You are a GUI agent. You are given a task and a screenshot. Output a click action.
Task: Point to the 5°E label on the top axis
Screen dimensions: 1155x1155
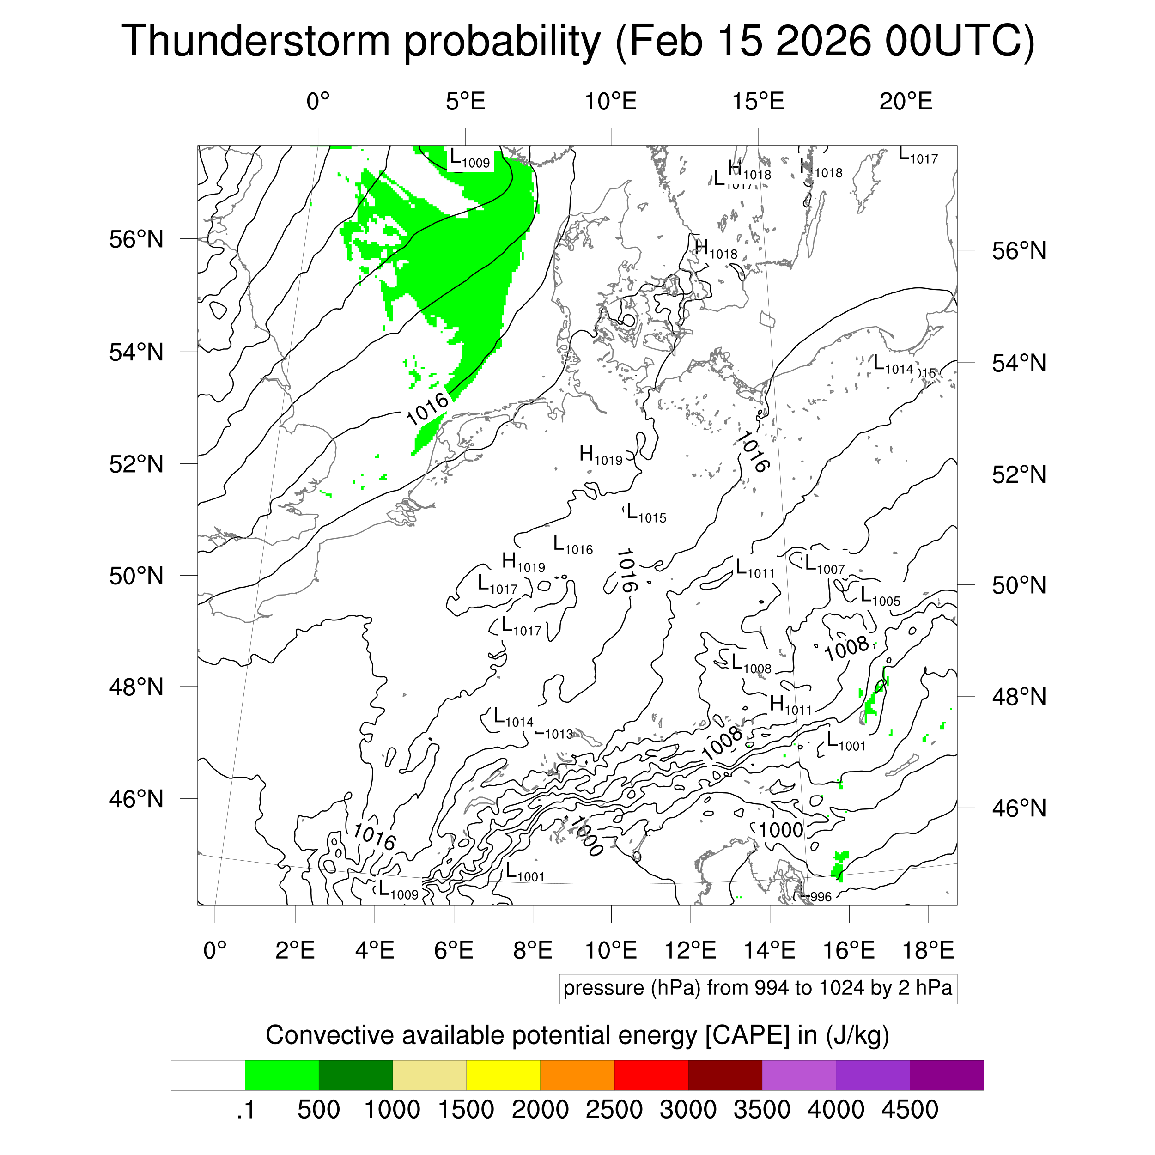coord(465,102)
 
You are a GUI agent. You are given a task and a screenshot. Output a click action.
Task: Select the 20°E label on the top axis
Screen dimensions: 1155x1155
coord(905,102)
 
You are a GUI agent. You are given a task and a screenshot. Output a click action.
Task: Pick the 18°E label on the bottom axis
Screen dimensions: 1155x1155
coord(927,950)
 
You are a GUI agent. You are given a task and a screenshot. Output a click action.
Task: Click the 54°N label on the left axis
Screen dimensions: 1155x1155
coord(136,352)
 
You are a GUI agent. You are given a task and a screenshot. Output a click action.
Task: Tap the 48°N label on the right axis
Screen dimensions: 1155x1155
coord(1019,697)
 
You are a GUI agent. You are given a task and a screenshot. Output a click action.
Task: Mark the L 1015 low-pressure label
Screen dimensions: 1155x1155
coord(646,514)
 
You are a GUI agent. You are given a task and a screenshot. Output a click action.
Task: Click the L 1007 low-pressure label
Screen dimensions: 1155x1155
coord(824,565)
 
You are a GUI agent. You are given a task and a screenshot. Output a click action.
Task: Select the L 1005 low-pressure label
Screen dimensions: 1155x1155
coord(879,596)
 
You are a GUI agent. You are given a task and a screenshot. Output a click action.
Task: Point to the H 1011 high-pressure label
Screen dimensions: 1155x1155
coord(790,705)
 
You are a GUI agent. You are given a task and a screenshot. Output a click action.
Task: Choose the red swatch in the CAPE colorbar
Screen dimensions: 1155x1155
coord(650,1076)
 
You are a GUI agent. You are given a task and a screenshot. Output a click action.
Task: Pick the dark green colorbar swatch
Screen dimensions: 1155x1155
coord(355,1076)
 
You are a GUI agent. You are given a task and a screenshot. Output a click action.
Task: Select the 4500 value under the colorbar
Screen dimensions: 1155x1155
coord(909,1110)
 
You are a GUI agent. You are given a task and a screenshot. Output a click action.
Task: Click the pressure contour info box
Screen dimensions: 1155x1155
coord(757,988)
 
